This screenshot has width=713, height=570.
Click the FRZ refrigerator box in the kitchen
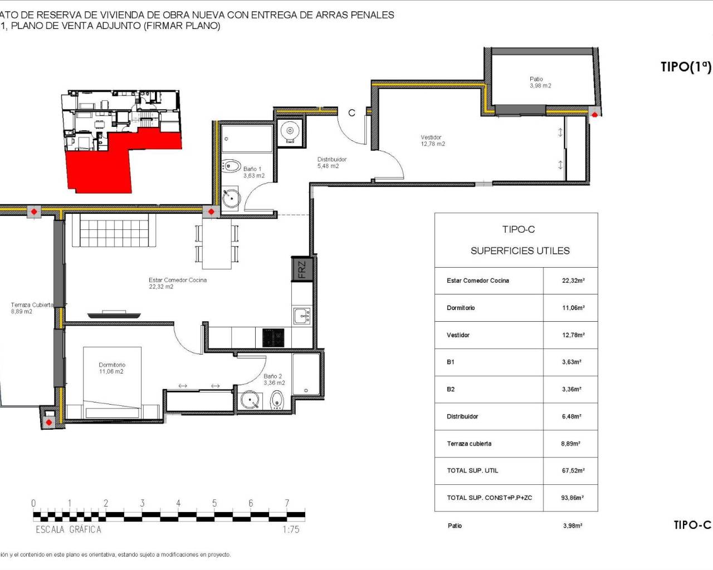click(301, 270)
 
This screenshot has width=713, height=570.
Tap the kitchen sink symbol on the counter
click(302, 316)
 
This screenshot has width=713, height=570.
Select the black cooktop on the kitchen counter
click(273, 338)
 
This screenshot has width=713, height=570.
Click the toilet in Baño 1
click(229, 166)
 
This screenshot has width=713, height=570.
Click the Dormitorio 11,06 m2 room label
click(112, 368)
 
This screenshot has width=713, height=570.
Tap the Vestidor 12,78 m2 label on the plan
click(432, 141)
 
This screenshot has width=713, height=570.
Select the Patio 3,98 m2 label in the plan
click(540, 82)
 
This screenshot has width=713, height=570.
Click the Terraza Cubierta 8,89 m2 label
click(31, 308)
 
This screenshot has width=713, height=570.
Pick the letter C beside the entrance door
click(351, 113)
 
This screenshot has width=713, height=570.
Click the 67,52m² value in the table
click(573, 471)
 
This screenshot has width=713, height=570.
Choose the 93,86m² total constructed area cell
click(572, 498)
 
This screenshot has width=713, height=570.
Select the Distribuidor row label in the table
click(462, 416)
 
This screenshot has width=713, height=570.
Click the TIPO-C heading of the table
click(518, 229)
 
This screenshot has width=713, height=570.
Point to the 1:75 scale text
click(291, 530)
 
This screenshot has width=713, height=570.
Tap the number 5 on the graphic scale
click(214, 503)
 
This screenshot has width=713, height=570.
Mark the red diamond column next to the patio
click(594, 115)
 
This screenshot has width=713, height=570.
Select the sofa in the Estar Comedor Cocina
click(114, 231)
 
